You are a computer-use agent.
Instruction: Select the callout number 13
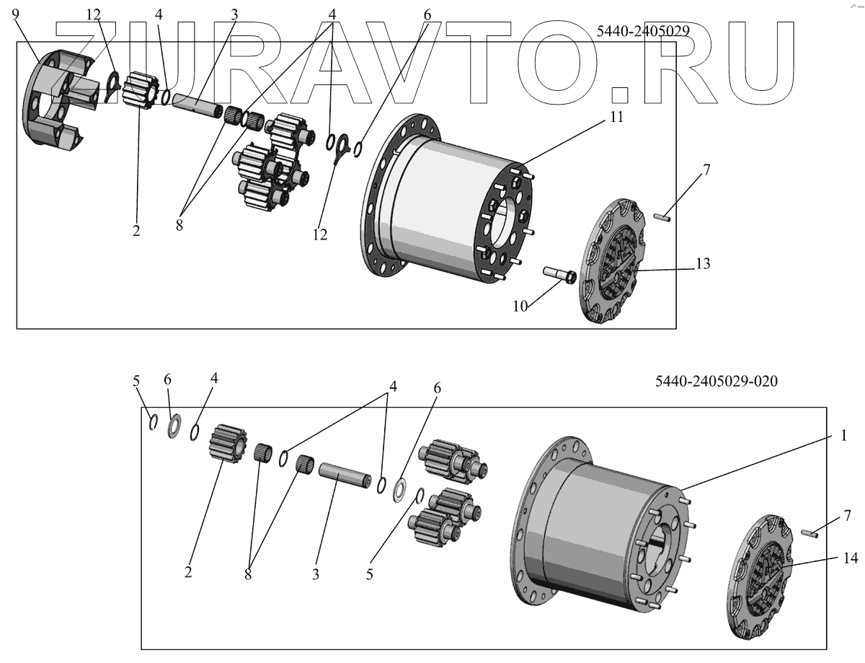(703, 264)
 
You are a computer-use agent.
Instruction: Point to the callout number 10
(520, 306)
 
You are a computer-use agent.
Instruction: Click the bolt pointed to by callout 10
(558, 275)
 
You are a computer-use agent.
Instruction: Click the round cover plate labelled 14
(761, 578)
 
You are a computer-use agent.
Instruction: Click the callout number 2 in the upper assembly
(136, 231)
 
